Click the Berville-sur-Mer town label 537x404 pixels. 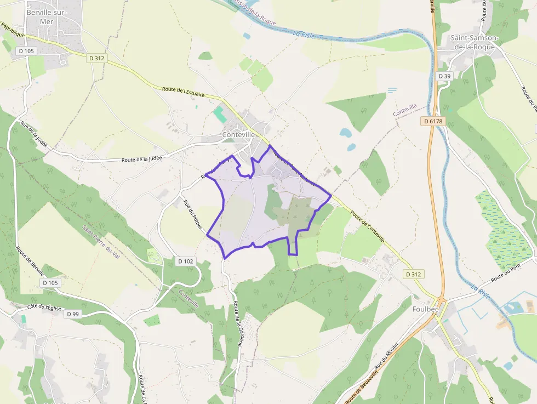(x=46, y=16)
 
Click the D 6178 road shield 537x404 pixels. (x=433, y=121)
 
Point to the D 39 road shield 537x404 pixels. (x=444, y=76)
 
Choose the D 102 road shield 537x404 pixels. (x=186, y=261)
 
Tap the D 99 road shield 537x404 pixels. (x=72, y=314)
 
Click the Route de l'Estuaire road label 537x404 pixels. (x=183, y=92)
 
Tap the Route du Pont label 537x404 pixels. (x=504, y=272)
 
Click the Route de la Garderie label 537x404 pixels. (x=237, y=323)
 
